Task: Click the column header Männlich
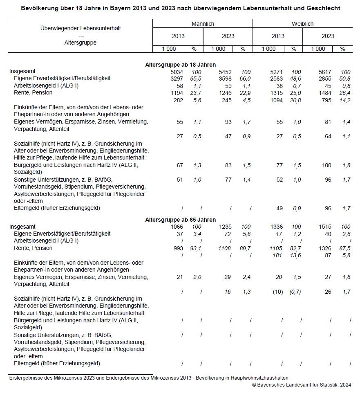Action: coord(203,24)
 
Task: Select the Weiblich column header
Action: coord(302,24)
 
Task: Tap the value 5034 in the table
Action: coord(177,72)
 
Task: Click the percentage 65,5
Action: coord(197,78)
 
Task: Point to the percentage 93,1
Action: coord(197,248)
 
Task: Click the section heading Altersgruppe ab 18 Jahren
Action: coord(181,65)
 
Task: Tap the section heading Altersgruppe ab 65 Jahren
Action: coord(181,220)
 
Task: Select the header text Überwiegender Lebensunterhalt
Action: coord(80,28)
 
